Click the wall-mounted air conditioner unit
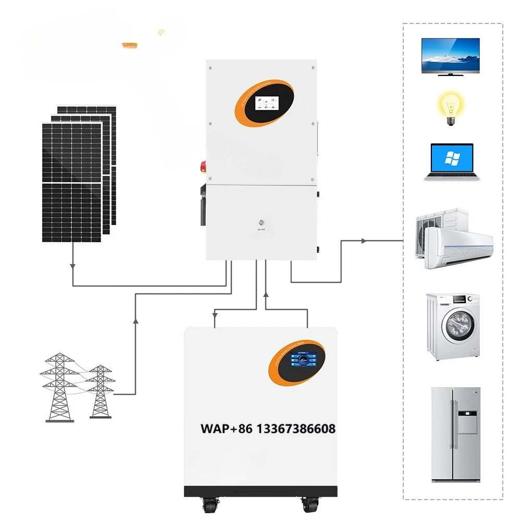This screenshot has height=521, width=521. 458,247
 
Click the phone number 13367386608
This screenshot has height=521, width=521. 295,429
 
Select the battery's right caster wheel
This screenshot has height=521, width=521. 309,505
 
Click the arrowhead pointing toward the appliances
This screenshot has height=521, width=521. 364,241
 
